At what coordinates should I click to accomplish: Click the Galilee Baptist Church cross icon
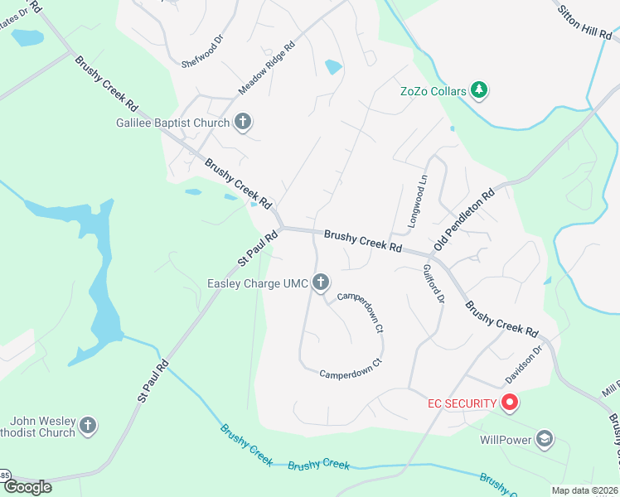coord(243,123)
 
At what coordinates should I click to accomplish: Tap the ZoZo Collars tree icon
coord(478,89)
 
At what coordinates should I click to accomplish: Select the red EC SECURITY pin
coord(510,403)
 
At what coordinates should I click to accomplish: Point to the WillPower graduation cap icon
coord(545,439)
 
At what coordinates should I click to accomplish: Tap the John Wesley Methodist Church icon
coord(89,427)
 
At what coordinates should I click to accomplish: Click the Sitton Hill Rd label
coord(584,20)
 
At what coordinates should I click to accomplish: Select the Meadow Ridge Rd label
coord(267,68)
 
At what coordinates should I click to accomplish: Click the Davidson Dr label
coord(524,366)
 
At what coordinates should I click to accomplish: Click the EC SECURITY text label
coord(462,403)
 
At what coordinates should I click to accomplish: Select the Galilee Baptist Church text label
coord(172,123)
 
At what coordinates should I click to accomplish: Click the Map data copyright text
coord(584,490)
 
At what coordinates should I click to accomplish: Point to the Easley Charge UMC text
coord(257,284)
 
